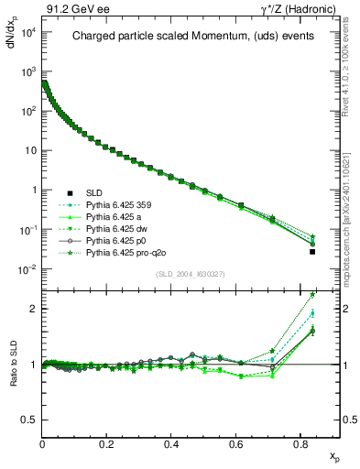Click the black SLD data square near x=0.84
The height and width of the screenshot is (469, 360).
[x=312, y=252]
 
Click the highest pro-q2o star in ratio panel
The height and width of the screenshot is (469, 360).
[x=312, y=295]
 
